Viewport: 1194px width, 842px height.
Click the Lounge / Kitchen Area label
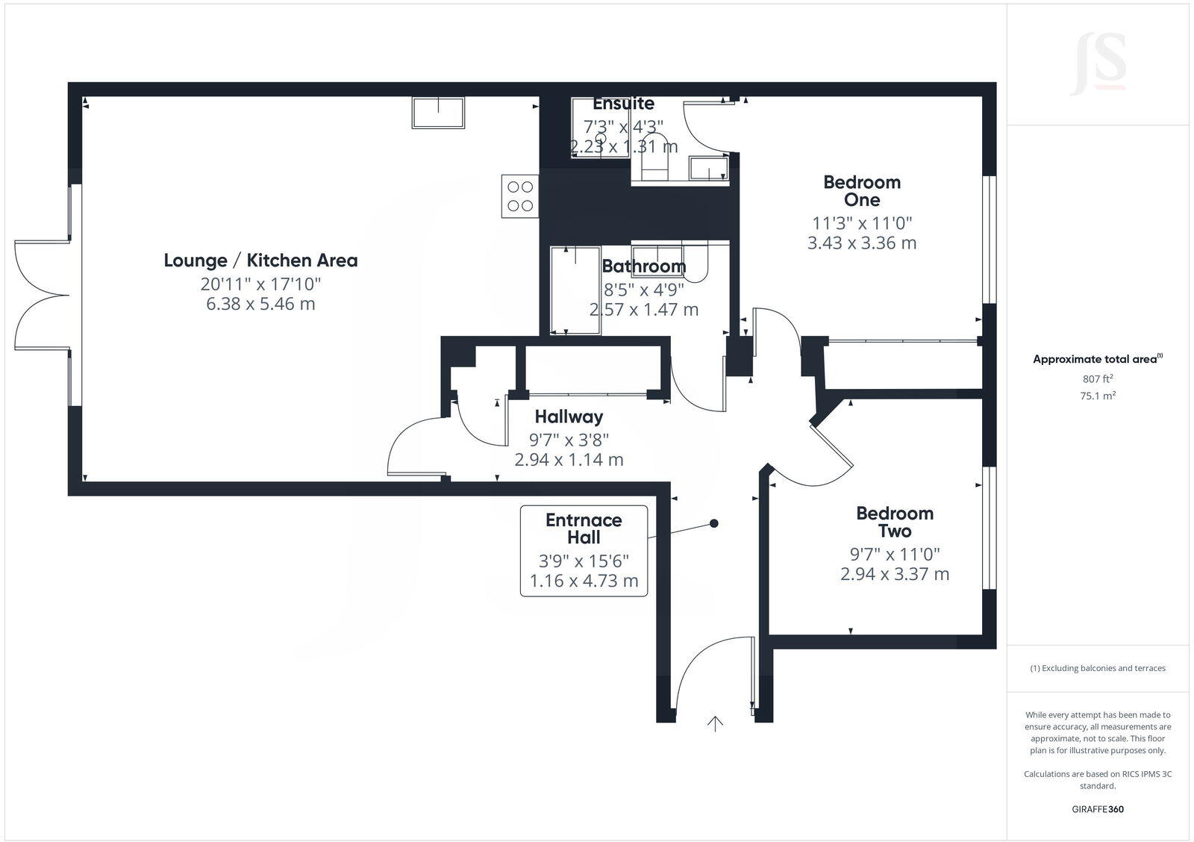click(x=260, y=261)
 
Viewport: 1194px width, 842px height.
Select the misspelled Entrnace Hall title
click(x=584, y=528)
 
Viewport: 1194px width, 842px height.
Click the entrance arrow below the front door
click(x=716, y=723)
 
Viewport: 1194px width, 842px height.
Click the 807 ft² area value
click(x=1098, y=378)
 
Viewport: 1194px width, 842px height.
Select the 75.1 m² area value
click(x=1098, y=396)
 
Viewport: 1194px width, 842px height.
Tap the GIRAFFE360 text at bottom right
click(x=1098, y=809)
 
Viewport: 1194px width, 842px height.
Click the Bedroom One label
click(x=862, y=191)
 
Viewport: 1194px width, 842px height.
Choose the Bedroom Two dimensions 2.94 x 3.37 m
click(x=895, y=574)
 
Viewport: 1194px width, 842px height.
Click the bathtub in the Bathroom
click(x=575, y=290)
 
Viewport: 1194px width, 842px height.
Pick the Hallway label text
click(x=569, y=417)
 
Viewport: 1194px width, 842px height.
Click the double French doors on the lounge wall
click(x=43, y=295)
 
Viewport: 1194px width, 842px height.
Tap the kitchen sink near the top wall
click(x=438, y=113)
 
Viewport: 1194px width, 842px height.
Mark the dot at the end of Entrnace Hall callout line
click(x=714, y=523)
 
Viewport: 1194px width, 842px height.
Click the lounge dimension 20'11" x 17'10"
click(x=260, y=284)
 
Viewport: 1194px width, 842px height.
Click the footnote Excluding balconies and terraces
click(x=1098, y=668)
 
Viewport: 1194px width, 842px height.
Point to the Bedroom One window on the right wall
click(x=990, y=239)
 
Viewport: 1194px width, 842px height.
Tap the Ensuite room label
click(x=624, y=104)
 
